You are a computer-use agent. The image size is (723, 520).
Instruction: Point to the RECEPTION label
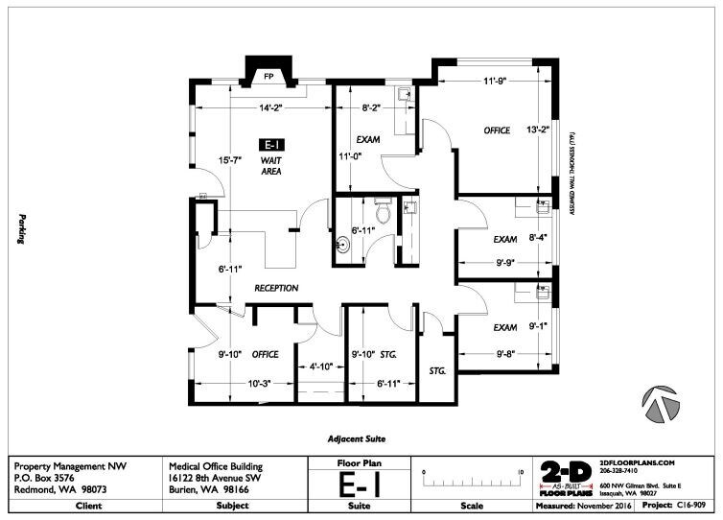(276, 288)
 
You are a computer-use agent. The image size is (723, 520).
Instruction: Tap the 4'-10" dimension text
(319, 366)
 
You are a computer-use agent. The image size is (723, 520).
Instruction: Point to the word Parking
(19, 229)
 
